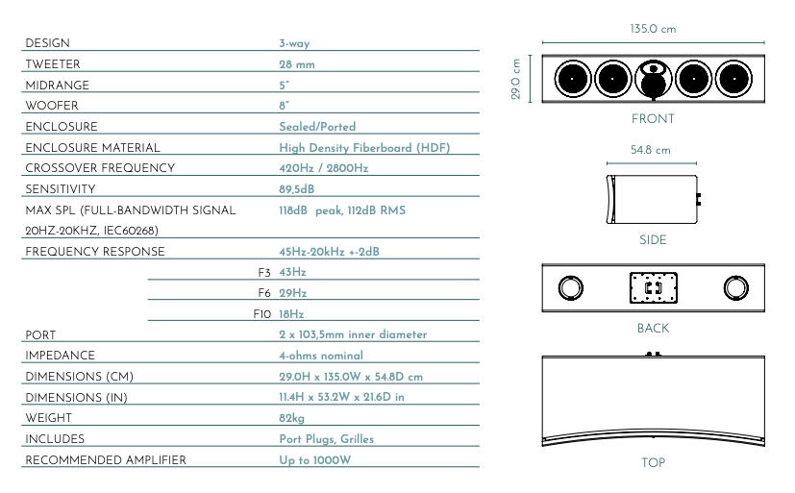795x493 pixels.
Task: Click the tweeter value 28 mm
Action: point(297,64)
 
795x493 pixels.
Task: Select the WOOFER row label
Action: point(52,106)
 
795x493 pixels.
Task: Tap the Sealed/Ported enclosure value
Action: point(317,127)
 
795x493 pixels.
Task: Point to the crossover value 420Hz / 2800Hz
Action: point(323,168)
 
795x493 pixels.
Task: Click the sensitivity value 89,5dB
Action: point(297,189)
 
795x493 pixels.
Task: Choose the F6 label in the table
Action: point(264,293)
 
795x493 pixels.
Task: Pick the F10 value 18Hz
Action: point(291,314)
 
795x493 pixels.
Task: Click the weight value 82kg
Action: point(291,418)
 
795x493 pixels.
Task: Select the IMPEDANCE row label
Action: point(60,356)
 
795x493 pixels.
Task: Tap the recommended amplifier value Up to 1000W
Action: point(315,460)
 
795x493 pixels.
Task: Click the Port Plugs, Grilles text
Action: point(327,439)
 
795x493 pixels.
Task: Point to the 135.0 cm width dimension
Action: point(653,29)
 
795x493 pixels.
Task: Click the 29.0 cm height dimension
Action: point(515,79)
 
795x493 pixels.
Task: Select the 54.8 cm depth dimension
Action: point(651,150)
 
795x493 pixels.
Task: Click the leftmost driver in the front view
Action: point(572,79)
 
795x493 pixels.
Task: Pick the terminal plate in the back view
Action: point(653,287)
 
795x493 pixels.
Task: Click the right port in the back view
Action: point(735,287)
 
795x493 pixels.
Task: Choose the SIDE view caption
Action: point(653,239)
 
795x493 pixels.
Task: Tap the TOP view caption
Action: point(653,462)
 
